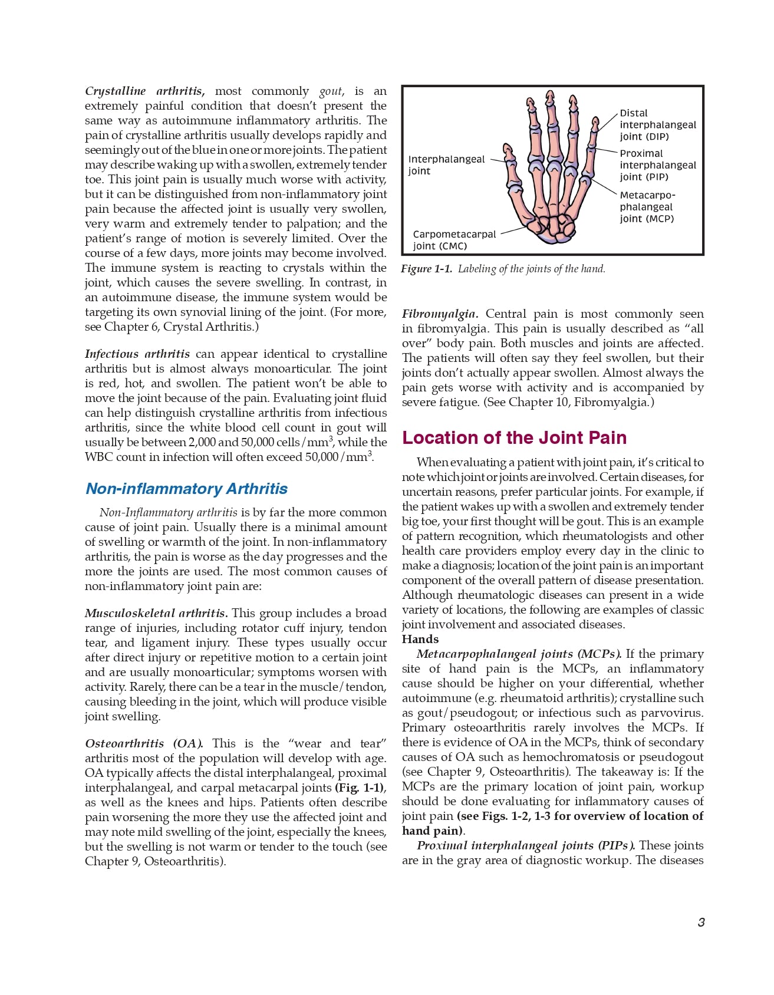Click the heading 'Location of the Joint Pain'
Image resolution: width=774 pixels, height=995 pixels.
click(x=514, y=438)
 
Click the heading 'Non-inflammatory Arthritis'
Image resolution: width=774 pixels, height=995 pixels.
click(x=186, y=489)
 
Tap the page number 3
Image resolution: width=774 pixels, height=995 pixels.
click(x=701, y=922)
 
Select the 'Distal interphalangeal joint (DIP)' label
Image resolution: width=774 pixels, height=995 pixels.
click(x=657, y=124)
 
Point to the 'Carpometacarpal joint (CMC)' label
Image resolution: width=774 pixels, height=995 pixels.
click(x=454, y=240)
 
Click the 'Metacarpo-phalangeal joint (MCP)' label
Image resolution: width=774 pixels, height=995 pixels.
click(x=647, y=207)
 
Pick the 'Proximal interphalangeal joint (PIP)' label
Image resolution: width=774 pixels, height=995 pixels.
click(x=657, y=165)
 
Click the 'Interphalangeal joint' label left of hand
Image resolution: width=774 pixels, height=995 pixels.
click(x=446, y=165)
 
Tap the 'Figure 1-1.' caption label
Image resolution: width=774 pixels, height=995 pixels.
click(x=426, y=269)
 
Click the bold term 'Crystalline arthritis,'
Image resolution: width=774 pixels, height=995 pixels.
click(x=144, y=91)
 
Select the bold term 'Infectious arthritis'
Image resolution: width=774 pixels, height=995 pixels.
click(x=137, y=354)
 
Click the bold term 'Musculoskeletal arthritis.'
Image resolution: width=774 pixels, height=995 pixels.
click(x=156, y=614)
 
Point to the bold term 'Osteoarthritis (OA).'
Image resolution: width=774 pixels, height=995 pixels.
click(x=144, y=743)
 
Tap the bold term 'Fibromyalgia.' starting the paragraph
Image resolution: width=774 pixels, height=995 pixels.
click(x=440, y=314)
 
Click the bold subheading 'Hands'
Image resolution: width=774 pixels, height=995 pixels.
click(x=420, y=640)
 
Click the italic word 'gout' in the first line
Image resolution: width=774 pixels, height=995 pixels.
click(x=331, y=91)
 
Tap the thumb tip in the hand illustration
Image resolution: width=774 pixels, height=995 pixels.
click(x=508, y=148)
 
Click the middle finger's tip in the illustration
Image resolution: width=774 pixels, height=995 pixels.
click(x=550, y=96)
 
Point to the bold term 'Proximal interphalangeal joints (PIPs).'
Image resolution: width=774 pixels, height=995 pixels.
click(x=526, y=845)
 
